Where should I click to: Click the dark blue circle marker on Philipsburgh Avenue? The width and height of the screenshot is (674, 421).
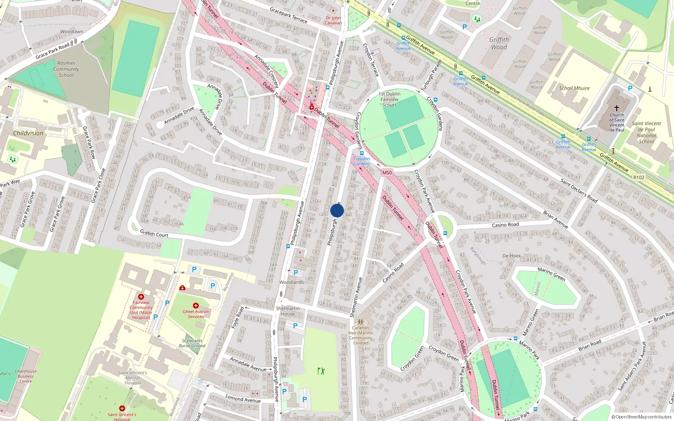[x=337, y=210]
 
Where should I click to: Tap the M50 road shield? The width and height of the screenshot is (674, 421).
[x=387, y=173]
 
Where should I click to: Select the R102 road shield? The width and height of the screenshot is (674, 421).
[x=639, y=177]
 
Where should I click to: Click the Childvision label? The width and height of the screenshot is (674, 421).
[x=28, y=133]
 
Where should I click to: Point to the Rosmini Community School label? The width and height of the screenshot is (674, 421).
[x=66, y=69]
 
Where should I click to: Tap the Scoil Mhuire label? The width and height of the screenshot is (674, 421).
[x=574, y=88]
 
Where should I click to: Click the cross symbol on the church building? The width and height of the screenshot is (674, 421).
[x=617, y=108]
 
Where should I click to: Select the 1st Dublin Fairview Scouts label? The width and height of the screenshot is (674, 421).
[x=390, y=99]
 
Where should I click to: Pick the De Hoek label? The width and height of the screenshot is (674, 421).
[x=511, y=256]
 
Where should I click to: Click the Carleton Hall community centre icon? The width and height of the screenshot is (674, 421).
[x=361, y=322]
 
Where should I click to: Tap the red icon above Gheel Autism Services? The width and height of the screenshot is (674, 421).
[x=196, y=305]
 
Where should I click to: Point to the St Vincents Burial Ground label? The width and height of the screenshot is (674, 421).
[x=192, y=343]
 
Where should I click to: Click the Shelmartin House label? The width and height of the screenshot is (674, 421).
[x=288, y=311]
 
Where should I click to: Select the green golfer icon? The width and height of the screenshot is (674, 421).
[x=321, y=371]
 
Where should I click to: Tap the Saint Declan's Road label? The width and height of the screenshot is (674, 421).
[x=579, y=190]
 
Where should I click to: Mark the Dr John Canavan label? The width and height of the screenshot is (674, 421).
[x=333, y=20]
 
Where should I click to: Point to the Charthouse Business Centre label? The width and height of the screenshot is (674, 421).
[x=26, y=376]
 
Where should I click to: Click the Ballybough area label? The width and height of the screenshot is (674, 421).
[x=478, y=256]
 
